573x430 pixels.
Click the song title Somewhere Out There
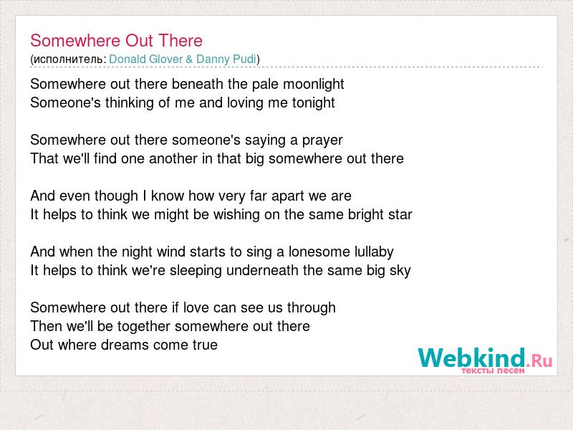116,41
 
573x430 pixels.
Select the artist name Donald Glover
146,59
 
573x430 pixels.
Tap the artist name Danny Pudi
226,59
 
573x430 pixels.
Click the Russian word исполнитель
68,59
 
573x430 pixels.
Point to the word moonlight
314,85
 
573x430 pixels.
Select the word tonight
313,103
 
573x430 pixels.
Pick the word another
173,158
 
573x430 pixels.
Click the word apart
286,196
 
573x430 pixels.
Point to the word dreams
125,345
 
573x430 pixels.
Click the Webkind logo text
485,358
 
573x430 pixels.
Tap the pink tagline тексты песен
493,371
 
